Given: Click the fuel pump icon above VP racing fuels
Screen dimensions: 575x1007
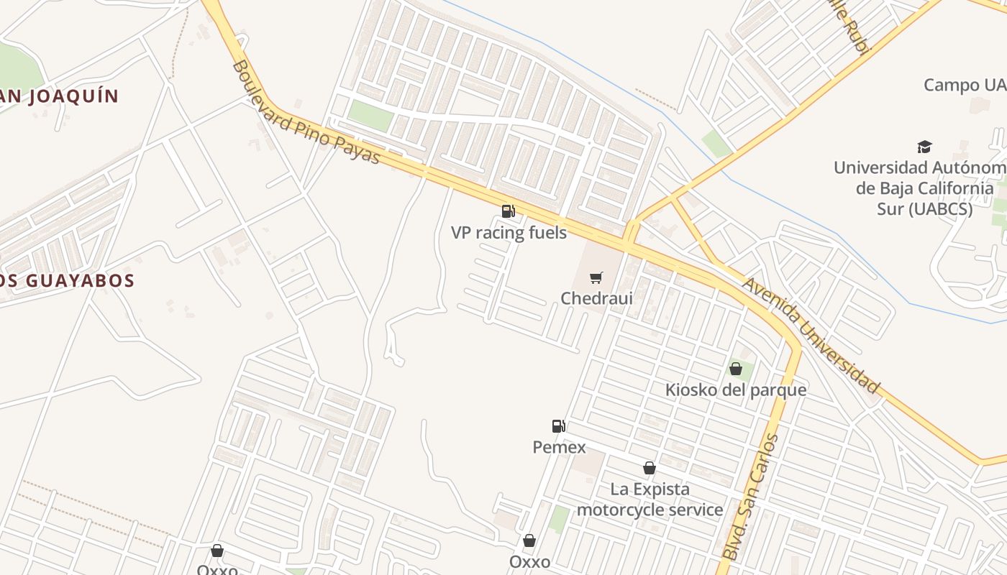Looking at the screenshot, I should [x=509, y=211].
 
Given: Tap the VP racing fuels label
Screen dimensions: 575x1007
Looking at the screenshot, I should [x=509, y=233].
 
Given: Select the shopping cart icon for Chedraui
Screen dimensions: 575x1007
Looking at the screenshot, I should [x=596, y=277].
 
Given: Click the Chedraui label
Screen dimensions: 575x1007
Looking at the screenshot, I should [x=596, y=298].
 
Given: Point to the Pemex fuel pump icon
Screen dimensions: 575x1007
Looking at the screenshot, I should [x=558, y=426].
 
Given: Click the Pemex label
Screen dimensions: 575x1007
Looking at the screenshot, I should [x=559, y=447].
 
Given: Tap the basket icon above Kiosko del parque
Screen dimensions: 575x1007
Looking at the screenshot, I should [x=736, y=369].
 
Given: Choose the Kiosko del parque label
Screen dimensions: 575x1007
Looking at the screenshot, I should [x=736, y=390].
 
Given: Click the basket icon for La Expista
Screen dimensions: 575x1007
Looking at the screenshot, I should [x=650, y=468].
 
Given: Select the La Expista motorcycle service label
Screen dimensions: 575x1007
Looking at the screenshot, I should [x=650, y=500].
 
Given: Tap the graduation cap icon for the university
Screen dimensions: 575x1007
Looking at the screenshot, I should [x=924, y=147].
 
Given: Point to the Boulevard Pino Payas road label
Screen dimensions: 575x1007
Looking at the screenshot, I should [x=306, y=112].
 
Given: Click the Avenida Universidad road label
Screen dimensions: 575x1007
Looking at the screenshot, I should [x=811, y=336].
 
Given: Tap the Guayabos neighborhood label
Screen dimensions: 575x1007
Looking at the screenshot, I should [x=68, y=280].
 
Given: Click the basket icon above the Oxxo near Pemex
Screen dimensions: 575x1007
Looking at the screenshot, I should [x=529, y=540].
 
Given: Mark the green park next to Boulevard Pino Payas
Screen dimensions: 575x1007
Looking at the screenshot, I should [x=370, y=115].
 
